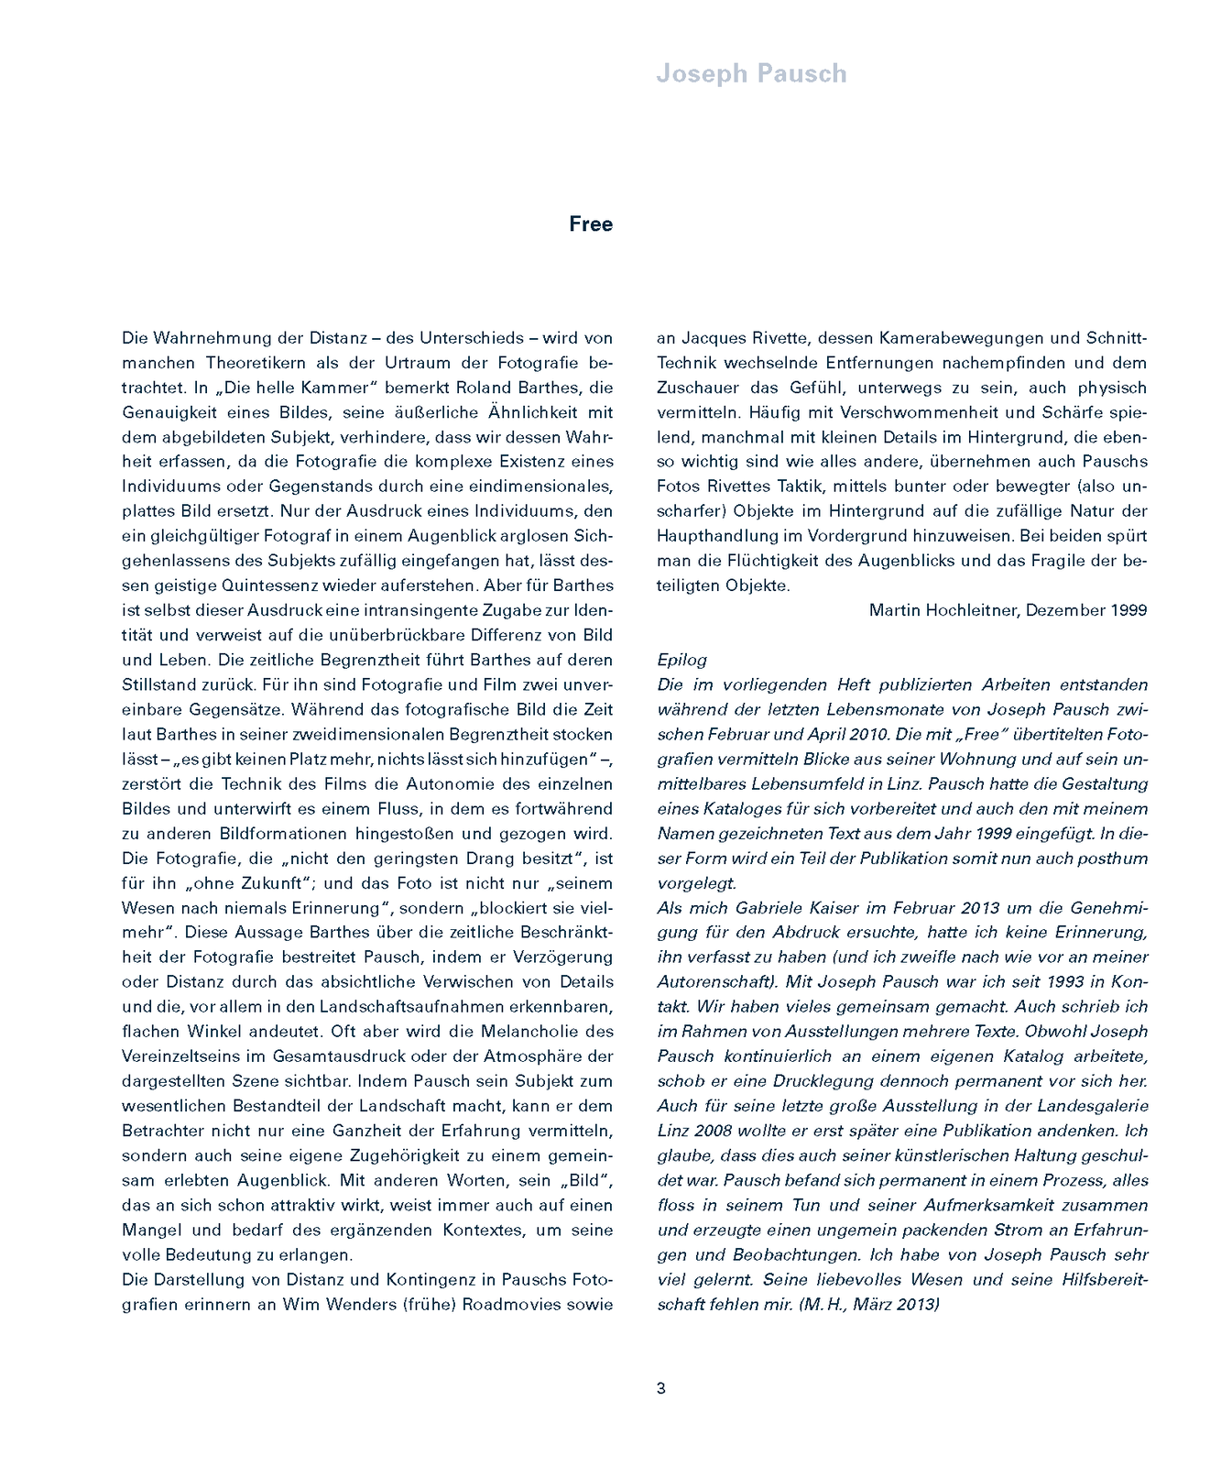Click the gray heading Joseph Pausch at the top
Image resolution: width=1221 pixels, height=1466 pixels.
(751, 74)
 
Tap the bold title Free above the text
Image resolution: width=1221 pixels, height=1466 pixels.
(591, 224)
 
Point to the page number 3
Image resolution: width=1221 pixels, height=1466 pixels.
(661, 1388)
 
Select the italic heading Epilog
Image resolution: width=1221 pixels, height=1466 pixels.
(681, 660)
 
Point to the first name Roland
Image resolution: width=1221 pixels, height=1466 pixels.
(481, 388)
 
